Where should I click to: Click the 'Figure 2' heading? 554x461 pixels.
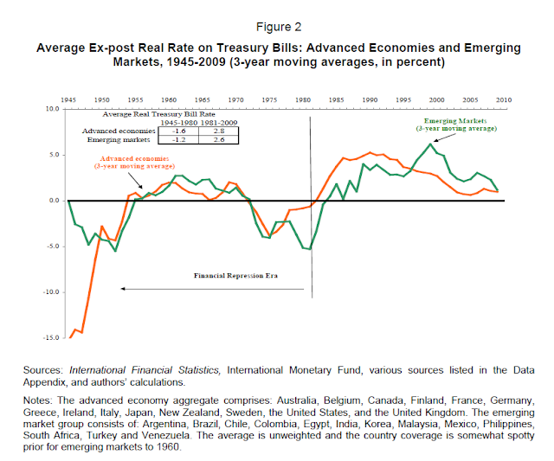tap(276, 26)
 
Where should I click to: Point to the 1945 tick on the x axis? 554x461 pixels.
tap(69, 99)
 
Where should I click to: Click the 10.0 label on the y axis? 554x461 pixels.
tap(53, 110)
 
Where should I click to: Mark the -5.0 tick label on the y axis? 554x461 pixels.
tap(53, 247)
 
